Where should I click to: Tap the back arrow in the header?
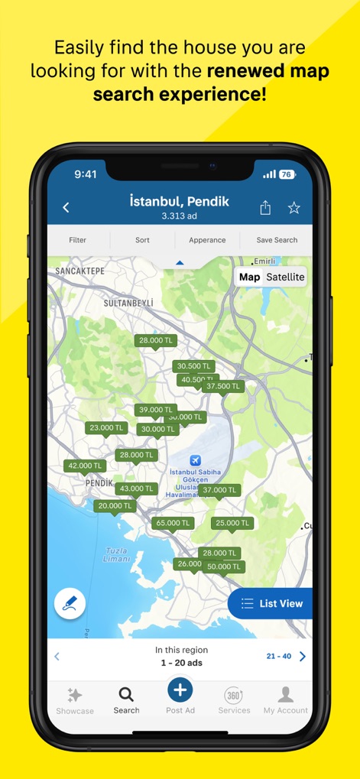click(x=66, y=207)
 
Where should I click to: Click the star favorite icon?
click(x=294, y=208)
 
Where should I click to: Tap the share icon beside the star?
click(x=265, y=208)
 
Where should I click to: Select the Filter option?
click(x=78, y=240)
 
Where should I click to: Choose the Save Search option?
click(x=277, y=240)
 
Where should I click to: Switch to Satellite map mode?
click(x=285, y=277)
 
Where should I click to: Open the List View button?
click(x=272, y=603)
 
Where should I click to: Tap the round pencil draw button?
click(x=70, y=603)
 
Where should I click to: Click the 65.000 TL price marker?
click(x=171, y=524)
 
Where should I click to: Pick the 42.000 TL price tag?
click(x=84, y=466)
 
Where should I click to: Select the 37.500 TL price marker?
click(x=223, y=387)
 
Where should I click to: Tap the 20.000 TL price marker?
click(x=115, y=506)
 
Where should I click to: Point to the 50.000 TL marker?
click(x=224, y=566)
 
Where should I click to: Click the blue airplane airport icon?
click(x=195, y=460)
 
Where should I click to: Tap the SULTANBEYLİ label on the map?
click(x=128, y=303)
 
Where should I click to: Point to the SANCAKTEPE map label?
click(x=79, y=271)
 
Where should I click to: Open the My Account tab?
click(x=286, y=699)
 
